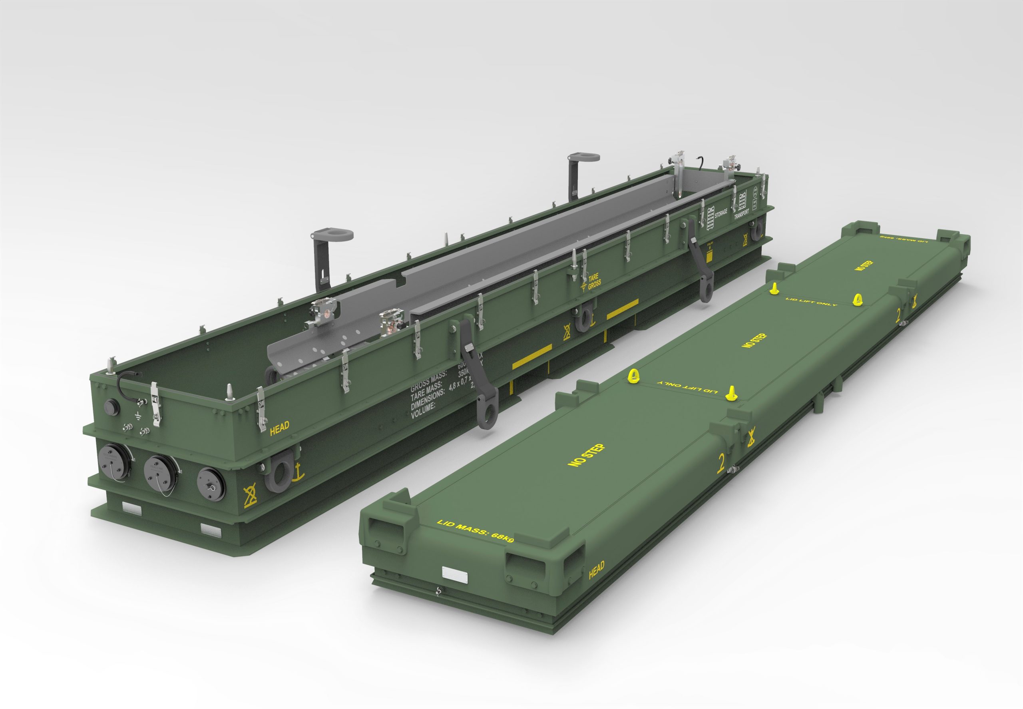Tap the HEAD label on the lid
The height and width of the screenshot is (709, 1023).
(x=596, y=570)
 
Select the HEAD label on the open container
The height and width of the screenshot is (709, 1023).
(x=279, y=428)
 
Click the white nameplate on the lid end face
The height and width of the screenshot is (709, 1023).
(x=454, y=574)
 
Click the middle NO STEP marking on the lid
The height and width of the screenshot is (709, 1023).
(x=754, y=340)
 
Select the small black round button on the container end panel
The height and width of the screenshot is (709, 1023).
(x=110, y=406)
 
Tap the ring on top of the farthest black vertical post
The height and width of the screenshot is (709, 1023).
(x=583, y=157)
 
